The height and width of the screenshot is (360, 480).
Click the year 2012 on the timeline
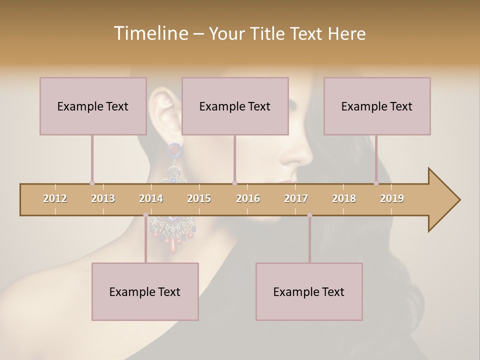point(55,199)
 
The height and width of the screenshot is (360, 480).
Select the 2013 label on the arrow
point(103,199)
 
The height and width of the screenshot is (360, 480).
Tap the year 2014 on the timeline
point(151,199)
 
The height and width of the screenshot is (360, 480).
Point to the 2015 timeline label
point(199,199)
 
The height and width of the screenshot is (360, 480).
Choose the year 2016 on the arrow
point(248,199)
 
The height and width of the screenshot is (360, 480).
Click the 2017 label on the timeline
point(296,199)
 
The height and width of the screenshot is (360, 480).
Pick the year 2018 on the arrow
point(344,199)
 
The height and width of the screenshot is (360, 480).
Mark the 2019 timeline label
point(392,199)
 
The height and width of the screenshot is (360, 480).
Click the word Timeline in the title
point(149,33)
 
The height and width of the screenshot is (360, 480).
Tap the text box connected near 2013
point(93,106)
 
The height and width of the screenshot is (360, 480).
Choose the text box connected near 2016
point(235,106)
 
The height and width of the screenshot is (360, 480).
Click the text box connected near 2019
point(377,106)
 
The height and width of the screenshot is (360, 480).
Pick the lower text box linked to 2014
point(145,291)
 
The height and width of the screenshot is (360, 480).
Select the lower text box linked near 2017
point(309,291)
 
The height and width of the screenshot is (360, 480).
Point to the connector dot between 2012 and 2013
point(92,183)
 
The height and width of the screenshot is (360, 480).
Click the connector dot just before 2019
point(376,183)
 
